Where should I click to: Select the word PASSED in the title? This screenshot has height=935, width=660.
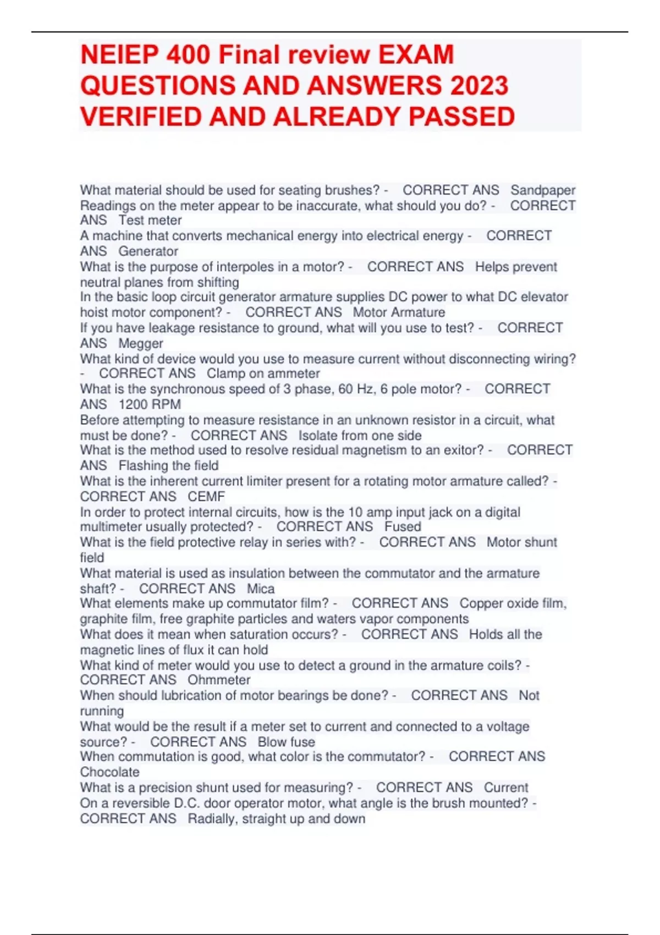pyautogui.click(x=461, y=117)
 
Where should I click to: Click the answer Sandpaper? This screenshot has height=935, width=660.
pyautogui.click(x=542, y=190)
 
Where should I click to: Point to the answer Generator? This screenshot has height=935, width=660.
pyautogui.click(x=148, y=251)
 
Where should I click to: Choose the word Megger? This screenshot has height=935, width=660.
pyautogui.click(x=141, y=344)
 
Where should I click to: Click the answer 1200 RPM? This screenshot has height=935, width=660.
pyautogui.click(x=150, y=405)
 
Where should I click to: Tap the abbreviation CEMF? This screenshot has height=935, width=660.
pyautogui.click(x=206, y=497)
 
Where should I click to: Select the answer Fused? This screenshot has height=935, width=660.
pyautogui.click(x=403, y=527)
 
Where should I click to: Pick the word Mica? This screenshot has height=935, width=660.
pyautogui.click(x=261, y=588)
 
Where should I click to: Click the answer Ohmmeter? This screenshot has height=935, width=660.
pyautogui.click(x=219, y=680)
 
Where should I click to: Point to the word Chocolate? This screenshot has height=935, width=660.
pyautogui.click(x=110, y=772)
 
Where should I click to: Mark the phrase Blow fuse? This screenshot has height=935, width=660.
pyautogui.click(x=286, y=742)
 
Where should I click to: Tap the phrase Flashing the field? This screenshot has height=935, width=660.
pyautogui.click(x=168, y=466)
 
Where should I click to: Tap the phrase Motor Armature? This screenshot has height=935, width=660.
pyautogui.click(x=399, y=313)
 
